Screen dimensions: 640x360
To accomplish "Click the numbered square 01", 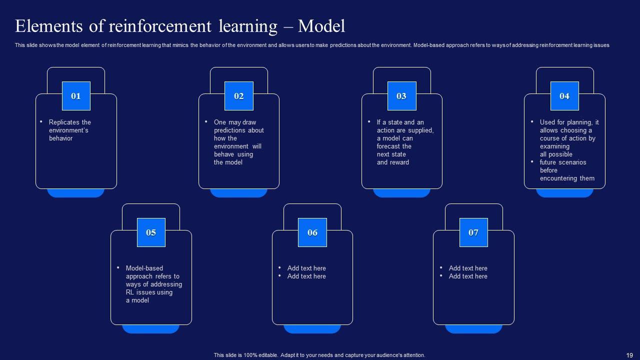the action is tap(76, 96).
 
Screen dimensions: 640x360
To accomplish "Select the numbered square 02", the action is tap(239, 96).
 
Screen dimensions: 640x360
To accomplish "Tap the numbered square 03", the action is tap(401, 96).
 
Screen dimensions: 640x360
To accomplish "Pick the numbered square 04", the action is tap(564, 96).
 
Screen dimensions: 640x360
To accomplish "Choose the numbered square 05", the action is tap(151, 232).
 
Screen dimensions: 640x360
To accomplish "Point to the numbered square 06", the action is tap(312, 232).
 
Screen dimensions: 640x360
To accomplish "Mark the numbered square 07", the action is tap(473, 232).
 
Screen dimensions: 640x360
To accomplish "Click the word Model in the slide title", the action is tap(321, 26).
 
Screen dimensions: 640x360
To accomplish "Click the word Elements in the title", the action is tap(49, 26).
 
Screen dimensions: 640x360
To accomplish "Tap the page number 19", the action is tap(629, 355).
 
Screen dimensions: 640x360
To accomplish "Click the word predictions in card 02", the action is tap(239, 130).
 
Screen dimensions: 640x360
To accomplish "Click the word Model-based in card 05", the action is tap(144, 268).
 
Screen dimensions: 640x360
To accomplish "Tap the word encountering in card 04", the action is tap(559, 178).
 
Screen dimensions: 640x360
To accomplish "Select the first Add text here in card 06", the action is tap(306, 268).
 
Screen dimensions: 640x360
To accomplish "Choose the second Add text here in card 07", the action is tap(468, 276).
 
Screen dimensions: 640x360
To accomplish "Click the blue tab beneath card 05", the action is tap(151, 329).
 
